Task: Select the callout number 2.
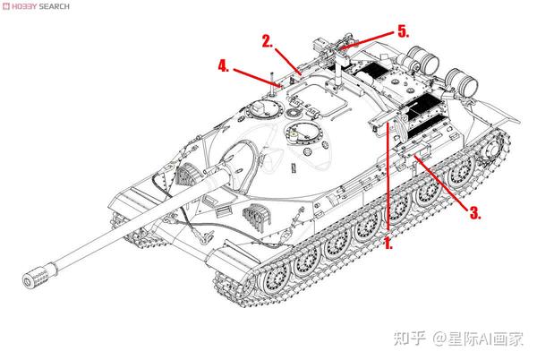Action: (x=267, y=40)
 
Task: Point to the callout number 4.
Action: (x=224, y=65)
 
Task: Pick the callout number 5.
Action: (x=404, y=30)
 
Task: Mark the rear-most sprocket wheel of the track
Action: (x=495, y=149)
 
